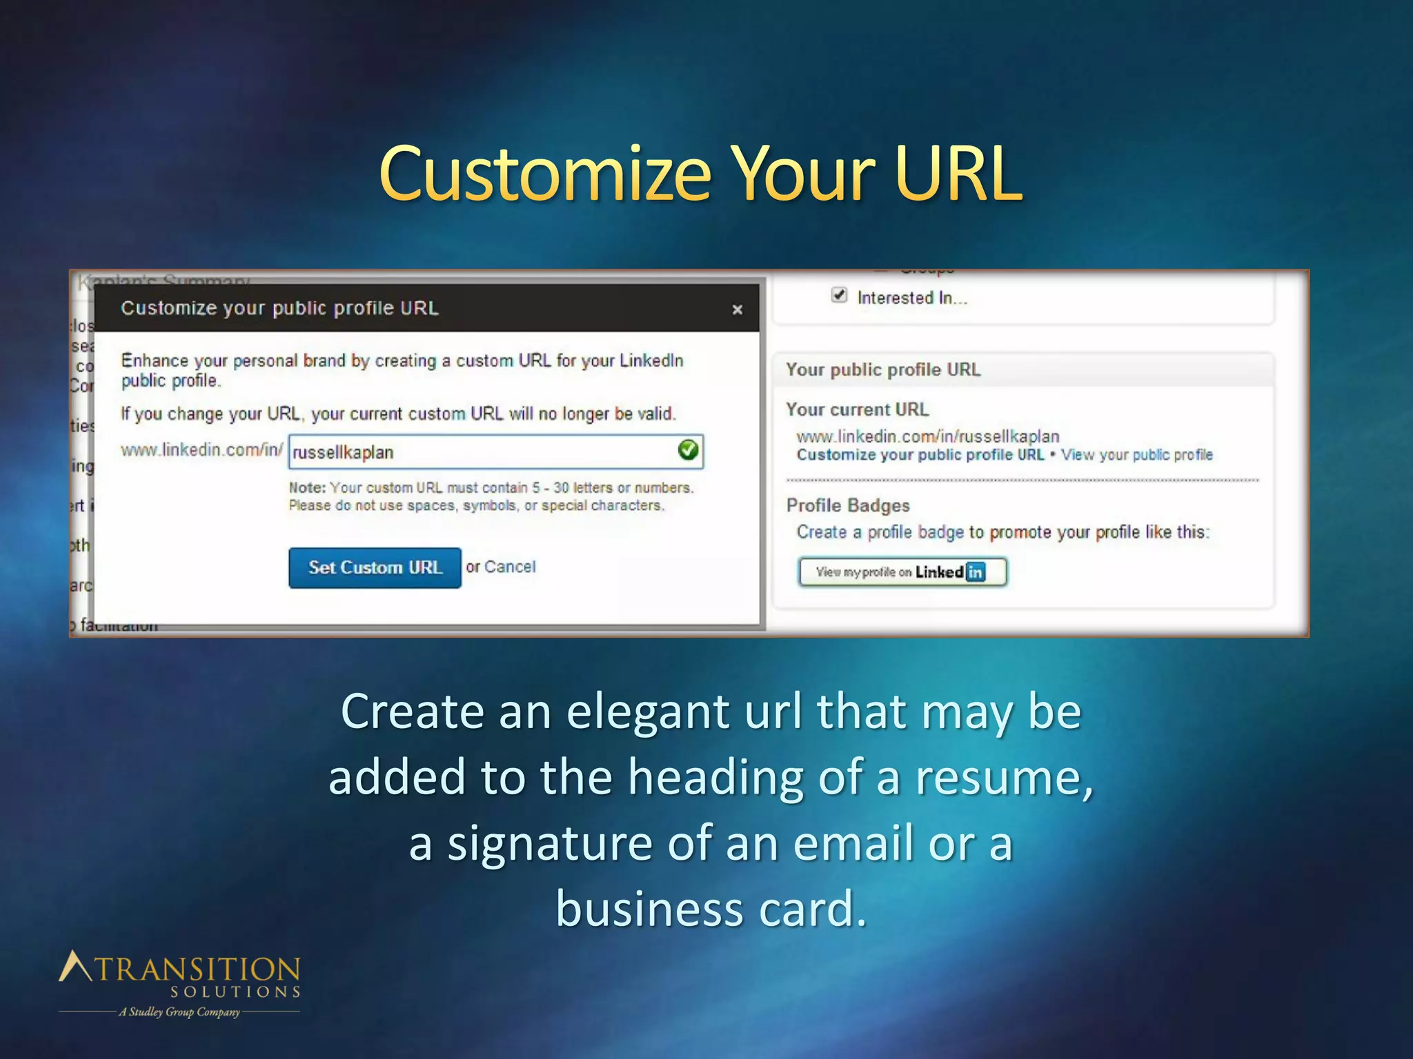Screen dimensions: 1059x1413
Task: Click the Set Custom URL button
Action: (375, 567)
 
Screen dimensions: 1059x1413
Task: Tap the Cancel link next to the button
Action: (510, 567)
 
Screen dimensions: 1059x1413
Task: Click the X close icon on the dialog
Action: (737, 310)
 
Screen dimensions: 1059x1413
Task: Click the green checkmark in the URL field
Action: (688, 451)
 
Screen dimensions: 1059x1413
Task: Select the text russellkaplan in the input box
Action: (343, 453)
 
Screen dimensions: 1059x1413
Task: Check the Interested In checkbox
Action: (839, 296)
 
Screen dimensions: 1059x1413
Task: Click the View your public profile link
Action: (1136, 455)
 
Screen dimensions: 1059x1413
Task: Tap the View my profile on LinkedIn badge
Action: (902, 572)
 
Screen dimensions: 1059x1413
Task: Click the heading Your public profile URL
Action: (882, 370)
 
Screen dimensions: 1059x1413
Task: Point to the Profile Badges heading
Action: (848, 505)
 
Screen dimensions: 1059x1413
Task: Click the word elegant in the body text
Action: (647, 712)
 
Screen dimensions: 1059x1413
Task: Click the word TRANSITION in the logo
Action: (197, 969)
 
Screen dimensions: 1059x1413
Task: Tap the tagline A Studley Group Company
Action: (179, 1012)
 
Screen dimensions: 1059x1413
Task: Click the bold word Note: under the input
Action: (307, 487)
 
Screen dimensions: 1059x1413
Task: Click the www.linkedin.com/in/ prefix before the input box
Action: (201, 450)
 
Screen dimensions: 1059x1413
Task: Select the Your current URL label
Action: (857, 410)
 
